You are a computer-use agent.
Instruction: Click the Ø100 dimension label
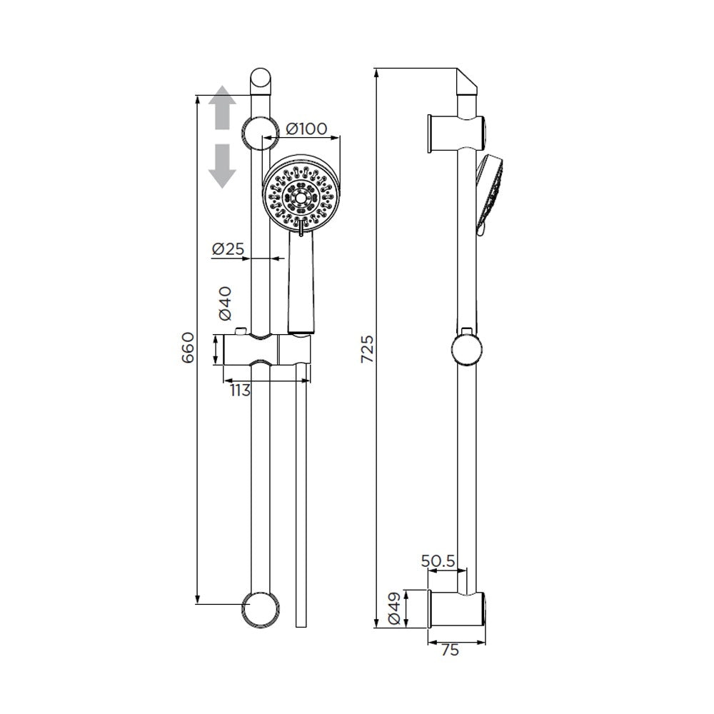[x=306, y=129]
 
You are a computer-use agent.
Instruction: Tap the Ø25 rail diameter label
[x=228, y=248]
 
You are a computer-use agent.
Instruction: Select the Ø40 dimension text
[x=225, y=303]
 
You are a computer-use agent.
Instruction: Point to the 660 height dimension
[x=188, y=348]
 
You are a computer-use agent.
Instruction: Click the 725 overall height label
[x=367, y=349]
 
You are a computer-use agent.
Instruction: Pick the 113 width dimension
[x=240, y=391]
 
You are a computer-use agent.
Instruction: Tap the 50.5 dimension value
[x=438, y=561]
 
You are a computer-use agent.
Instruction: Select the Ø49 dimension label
[x=394, y=608]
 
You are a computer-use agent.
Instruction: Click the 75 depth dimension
[x=450, y=650]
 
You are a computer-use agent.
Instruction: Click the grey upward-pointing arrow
[x=222, y=107]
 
